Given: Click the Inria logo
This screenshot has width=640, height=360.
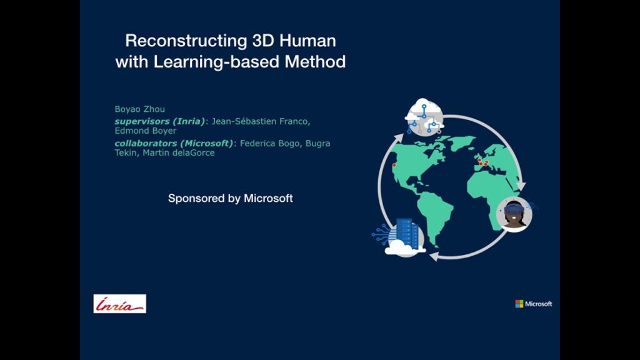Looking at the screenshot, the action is tap(119, 304).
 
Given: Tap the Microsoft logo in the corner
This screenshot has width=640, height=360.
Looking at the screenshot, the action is tap(534, 304).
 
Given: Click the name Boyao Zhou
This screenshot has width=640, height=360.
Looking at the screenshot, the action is tap(139, 109).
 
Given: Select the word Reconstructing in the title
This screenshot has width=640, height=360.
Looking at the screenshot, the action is tap(186, 41).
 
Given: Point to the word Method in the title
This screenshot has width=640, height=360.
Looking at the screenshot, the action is tap(315, 62).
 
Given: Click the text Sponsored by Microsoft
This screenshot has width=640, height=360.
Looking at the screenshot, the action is tap(231, 198).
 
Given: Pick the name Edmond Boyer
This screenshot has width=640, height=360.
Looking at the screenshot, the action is tap(146, 131).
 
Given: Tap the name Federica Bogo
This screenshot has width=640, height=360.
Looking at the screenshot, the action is tap(271, 143).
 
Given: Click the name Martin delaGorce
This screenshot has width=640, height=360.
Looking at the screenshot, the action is tap(179, 152).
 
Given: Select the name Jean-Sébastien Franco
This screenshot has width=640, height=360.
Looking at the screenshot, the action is tap(261, 121).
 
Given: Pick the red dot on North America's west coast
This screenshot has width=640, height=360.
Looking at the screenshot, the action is tap(394, 165).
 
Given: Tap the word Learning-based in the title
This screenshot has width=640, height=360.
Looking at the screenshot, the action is tap(216, 62).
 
